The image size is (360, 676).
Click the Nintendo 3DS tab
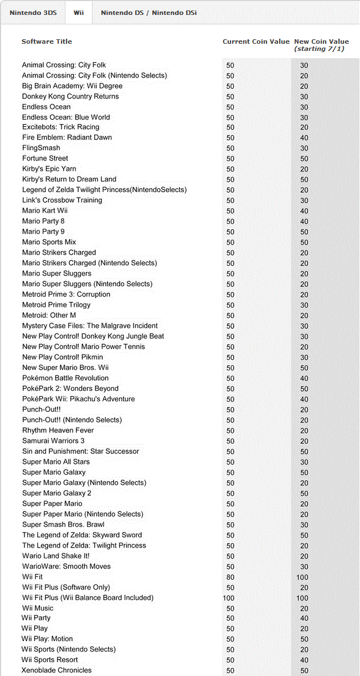point(33,13)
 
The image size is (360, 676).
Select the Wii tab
point(79,13)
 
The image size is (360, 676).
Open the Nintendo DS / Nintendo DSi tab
point(148,13)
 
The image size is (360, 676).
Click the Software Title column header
point(47,42)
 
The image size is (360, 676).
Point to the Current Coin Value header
point(256,42)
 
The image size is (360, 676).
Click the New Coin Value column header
point(321,42)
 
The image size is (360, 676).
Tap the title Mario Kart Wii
point(45,210)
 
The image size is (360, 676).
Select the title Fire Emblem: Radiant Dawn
point(66,137)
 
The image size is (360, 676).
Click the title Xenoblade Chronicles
point(56,670)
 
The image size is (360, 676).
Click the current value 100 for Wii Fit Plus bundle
point(228,598)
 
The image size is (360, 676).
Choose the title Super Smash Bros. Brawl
point(63,524)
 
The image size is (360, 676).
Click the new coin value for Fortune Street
point(304,158)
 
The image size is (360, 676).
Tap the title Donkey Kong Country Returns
point(70,96)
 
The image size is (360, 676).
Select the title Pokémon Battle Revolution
point(65,378)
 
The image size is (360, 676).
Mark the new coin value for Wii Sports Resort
point(304,660)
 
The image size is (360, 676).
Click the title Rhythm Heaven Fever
point(58,430)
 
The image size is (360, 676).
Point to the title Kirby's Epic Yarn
point(49,168)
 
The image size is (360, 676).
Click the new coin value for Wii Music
point(304,608)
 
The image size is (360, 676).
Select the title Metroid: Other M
point(49,315)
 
